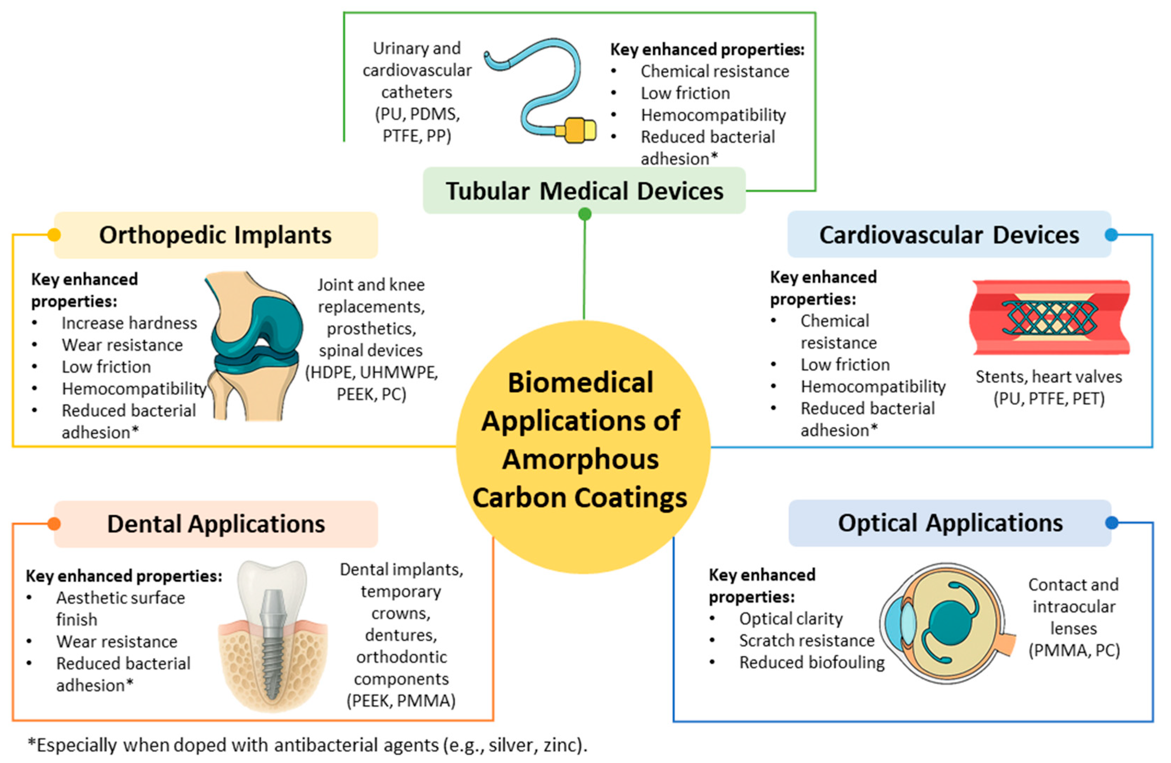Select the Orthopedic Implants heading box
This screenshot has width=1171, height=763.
point(216,235)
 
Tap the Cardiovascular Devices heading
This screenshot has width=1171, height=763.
point(949,235)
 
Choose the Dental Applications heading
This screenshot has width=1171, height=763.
point(216,524)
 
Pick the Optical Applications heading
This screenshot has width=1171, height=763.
point(950,523)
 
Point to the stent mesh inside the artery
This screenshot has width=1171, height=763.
point(1050,317)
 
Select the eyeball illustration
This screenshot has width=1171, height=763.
point(947,623)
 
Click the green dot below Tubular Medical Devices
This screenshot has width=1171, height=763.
point(585,214)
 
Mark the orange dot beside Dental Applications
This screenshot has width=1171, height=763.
point(54,524)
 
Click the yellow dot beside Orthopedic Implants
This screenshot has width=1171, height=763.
point(54,235)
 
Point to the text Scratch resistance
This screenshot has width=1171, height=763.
point(807,641)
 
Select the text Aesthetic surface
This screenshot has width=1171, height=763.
point(121,598)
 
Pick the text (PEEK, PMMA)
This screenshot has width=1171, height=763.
point(401,700)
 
